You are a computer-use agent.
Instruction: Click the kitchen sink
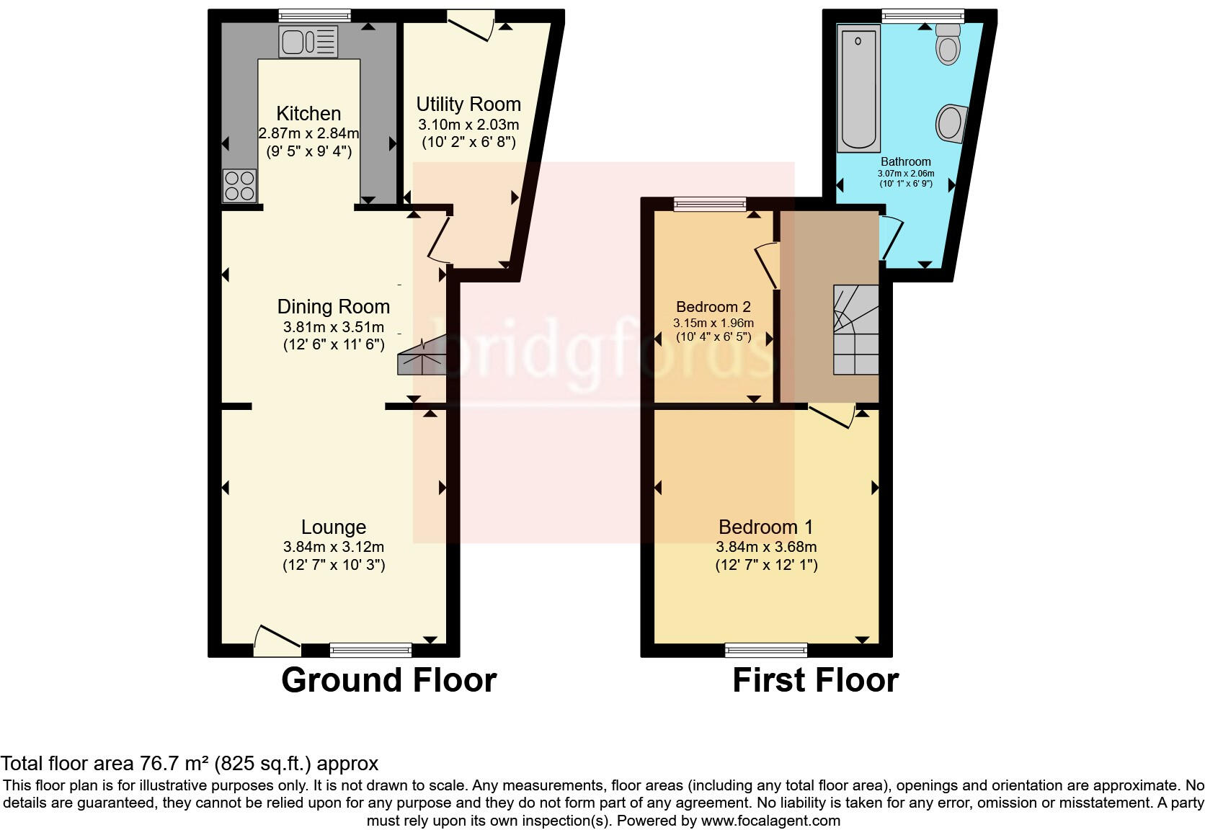click(x=308, y=42)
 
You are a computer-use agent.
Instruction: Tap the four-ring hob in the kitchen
click(x=239, y=185)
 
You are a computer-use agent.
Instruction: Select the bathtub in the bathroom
click(x=858, y=88)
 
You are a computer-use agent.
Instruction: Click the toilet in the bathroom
click(x=948, y=45)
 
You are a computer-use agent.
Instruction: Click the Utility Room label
click(x=468, y=104)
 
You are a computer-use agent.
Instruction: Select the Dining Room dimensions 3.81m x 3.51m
click(x=334, y=326)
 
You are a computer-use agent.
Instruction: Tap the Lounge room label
click(x=334, y=527)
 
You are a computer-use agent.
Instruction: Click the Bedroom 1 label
click(x=765, y=527)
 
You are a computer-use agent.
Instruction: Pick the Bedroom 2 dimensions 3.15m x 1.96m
click(x=713, y=323)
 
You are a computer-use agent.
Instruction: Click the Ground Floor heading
click(x=388, y=680)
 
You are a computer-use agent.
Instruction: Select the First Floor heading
click(x=815, y=680)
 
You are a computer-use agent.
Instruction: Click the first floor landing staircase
click(x=856, y=330)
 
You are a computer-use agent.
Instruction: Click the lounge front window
click(x=370, y=650)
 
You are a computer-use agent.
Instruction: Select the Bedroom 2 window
click(x=710, y=205)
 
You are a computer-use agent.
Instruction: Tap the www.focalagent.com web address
click(x=770, y=820)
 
